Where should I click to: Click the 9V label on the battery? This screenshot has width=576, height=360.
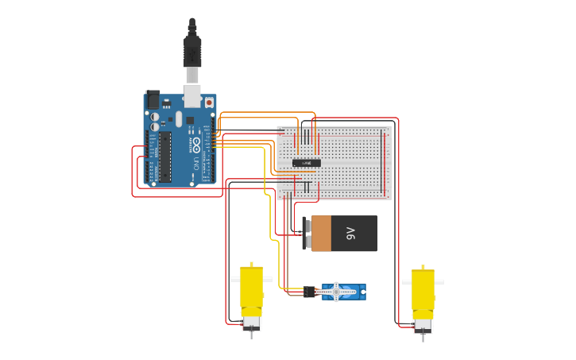click(x=350, y=234)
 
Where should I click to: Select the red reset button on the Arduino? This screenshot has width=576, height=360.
click(x=209, y=103)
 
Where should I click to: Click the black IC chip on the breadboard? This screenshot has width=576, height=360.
click(x=307, y=163)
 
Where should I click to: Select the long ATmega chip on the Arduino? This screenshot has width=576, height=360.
click(x=165, y=157)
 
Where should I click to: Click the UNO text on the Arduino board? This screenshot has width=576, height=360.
click(x=196, y=164)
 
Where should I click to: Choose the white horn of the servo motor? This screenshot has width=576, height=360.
click(x=336, y=292)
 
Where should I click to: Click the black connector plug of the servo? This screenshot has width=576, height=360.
click(x=309, y=292)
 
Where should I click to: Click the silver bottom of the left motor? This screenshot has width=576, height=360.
click(x=252, y=323)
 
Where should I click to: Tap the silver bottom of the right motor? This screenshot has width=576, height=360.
click(x=423, y=324)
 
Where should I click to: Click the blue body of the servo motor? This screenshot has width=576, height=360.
click(x=352, y=293)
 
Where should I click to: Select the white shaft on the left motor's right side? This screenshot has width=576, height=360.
click(x=268, y=280)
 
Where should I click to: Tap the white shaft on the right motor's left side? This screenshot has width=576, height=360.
click(x=407, y=281)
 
